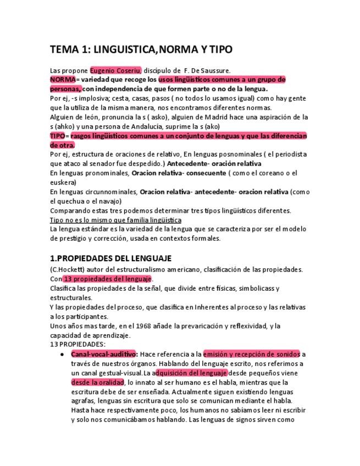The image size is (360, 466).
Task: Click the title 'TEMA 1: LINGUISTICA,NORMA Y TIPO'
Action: pyautogui.click(x=141, y=49)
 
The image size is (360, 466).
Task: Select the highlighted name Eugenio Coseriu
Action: pyautogui.click(x=115, y=70)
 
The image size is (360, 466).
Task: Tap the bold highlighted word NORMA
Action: pyautogui.click(x=62, y=80)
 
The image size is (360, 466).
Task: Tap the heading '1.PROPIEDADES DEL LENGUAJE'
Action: pyautogui.click(x=110, y=258)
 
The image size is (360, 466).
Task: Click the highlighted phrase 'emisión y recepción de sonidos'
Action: pyautogui.click(x=251, y=354)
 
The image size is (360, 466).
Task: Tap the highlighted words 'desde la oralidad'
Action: pyautogui.click(x=97, y=382)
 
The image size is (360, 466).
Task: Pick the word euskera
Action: pyautogui.click(x=62, y=182)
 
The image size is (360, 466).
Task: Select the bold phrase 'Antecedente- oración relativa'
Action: pyautogui.click(x=214, y=164)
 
